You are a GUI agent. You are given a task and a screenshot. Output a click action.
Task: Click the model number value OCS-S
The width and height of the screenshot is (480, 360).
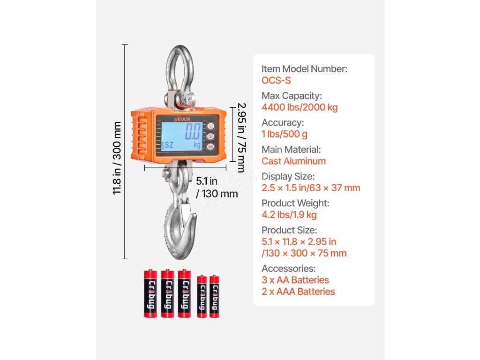276,81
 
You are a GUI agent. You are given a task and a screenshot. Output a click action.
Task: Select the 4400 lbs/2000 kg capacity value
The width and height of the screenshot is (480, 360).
300,107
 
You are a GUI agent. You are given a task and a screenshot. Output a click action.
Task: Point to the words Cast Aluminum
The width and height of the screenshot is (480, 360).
293,161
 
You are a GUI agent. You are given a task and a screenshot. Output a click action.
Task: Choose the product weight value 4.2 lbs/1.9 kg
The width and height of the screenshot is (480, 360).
289,215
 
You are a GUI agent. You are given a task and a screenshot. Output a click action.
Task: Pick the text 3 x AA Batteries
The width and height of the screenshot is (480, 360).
295,280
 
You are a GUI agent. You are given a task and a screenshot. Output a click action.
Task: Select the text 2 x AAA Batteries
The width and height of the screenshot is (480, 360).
298,292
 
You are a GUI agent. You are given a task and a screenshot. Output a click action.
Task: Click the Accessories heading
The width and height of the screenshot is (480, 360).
288,269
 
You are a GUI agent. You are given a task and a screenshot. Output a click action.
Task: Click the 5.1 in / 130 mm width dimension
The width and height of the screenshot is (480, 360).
217,187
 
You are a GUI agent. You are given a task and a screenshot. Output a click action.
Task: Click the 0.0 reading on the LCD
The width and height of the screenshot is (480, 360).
193,132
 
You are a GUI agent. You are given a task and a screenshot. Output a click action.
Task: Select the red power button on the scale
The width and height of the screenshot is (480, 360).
210,126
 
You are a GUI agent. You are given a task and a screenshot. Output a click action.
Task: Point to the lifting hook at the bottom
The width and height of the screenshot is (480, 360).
180,230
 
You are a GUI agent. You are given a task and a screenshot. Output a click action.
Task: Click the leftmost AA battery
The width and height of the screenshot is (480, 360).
150,293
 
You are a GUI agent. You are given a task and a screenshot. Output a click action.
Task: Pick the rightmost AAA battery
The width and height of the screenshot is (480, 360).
214,296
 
